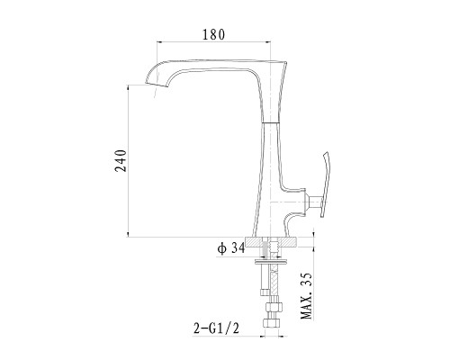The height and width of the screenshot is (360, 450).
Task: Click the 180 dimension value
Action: [x=213, y=35]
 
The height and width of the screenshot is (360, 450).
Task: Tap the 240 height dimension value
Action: [x=121, y=160]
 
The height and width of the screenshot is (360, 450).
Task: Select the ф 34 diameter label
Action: [x=231, y=248]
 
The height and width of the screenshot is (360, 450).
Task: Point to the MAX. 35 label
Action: [x=306, y=296]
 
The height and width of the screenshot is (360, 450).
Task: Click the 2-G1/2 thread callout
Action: [x=216, y=328]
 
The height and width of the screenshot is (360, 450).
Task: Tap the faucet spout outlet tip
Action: [x=156, y=85]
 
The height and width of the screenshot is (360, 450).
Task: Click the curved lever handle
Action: [x=326, y=184]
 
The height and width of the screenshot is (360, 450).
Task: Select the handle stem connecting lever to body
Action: [x=314, y=202]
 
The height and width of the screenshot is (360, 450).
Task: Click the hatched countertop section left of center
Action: [x=254, y=242]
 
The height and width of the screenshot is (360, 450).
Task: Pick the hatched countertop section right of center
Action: [x=288, y=242]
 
